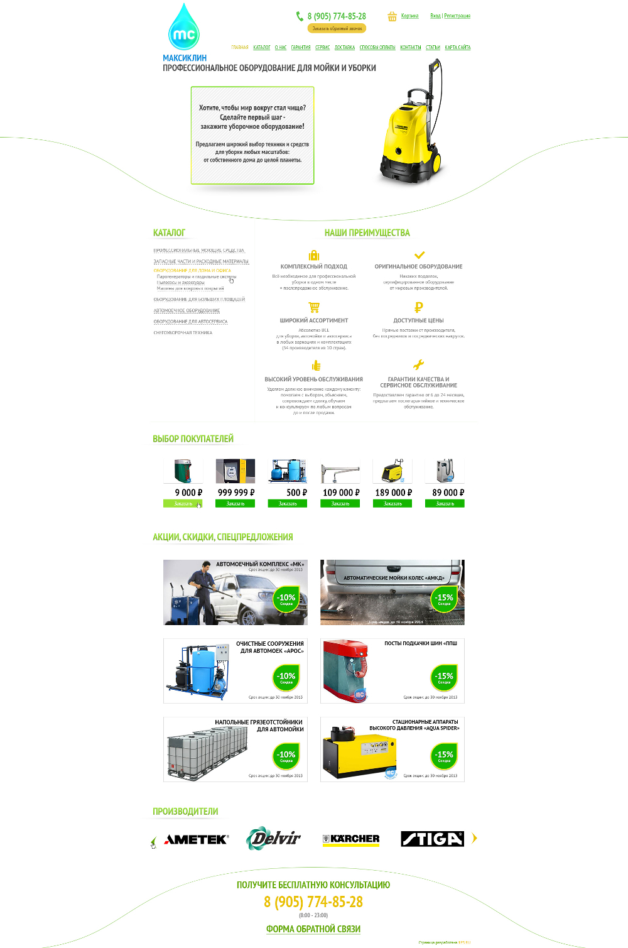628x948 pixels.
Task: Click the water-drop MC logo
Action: pyautogui.click(x=183, y=29)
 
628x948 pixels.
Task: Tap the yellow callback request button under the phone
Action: pyautogui.click(x=337, y=28)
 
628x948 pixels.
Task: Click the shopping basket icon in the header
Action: pyautogui.click(x=392, y=16)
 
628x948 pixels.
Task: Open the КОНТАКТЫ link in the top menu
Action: pyautogui.click(x=411, y=48)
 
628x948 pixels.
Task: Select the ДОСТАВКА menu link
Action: pyautogui.click(x=345, y=48)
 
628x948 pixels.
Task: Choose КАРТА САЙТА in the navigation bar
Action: pyautogui.click(x=457, y=48)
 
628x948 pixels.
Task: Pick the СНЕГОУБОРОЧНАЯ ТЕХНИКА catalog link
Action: pyautogui.click(x=183, y=333)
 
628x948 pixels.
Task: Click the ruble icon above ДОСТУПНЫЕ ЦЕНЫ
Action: pyautogui.click(x=419, y=307)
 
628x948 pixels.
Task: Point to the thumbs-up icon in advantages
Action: pyautogui.click(x=316, y=366)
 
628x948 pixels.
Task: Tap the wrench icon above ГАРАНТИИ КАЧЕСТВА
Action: pyautogui.click(x=418, y=364)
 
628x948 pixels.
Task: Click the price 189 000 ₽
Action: pyautogui.click(x=393, y=493)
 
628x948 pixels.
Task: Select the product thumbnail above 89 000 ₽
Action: pyautogui.click(x=445, y=471)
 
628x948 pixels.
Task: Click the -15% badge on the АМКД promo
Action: pyautogui.click(x=445, y=599)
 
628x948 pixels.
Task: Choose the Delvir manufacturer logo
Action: pyautogui.click(x=274, y=838)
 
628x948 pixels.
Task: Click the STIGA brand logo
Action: pyautogui.click(x=432, y=839)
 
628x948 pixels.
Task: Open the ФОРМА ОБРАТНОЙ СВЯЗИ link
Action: pyautogui.click(x=313, y=929)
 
